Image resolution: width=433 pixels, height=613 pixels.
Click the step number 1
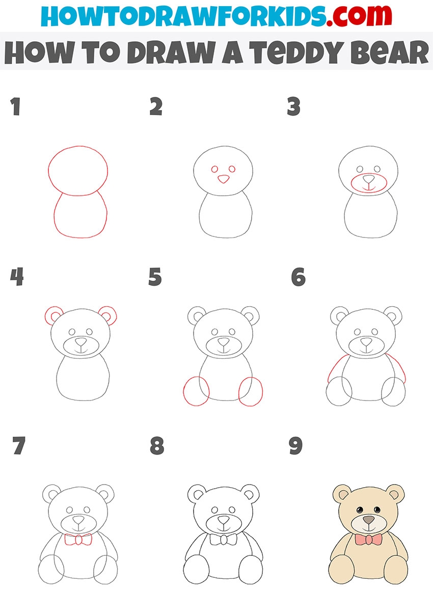click(x=16, y=106)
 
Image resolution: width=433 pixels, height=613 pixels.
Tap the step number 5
click(x=155, y=277)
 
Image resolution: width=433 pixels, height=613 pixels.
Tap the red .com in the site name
click(x=359, y=16)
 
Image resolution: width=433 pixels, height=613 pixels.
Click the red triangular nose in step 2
click(x=223, y=179)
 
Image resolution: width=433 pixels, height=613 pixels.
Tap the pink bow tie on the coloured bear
click(x=368, y=540)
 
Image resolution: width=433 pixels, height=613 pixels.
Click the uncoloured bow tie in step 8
click(x=224, y=540)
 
